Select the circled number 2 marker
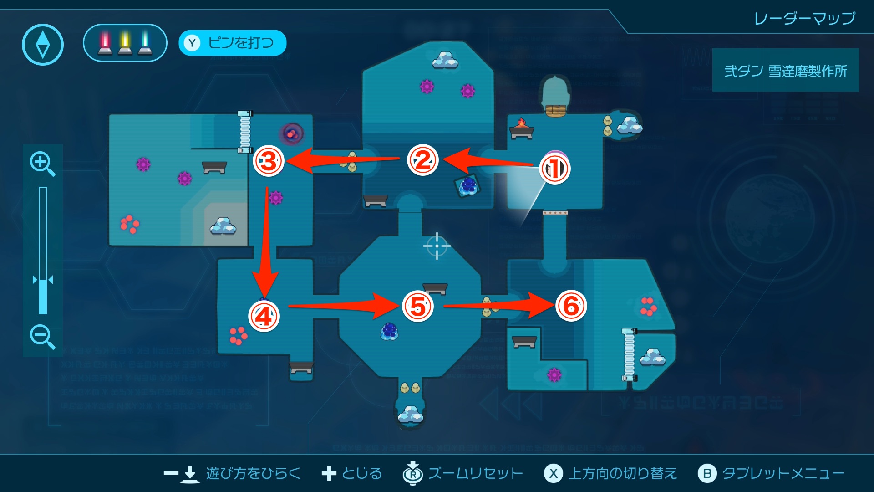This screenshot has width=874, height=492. tap(422, 160)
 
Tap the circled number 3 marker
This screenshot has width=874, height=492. tap(269, 161)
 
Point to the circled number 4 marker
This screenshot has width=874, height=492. tap(264, 316)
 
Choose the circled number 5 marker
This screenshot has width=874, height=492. tap(418, 306)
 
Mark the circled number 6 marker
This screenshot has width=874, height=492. tap(571, 306)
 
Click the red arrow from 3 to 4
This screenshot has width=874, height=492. tap(266, 241)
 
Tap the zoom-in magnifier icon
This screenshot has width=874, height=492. tap(42, 164)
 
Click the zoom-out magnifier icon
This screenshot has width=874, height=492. tap(42, 337)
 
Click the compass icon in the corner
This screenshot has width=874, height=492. tap(43, 45)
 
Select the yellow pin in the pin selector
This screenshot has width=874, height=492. tap(125, 43)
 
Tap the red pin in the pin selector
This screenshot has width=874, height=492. tap(105, 43)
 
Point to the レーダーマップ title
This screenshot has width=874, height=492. tap(804, 19)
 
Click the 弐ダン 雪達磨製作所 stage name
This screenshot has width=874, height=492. tap(786, 71)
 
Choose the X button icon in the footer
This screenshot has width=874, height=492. tap(553, 474)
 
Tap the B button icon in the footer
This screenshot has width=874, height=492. tap(707, 474)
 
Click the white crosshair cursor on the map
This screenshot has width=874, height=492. tap(437, 246)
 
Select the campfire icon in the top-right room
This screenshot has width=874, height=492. tap(522, 128)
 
